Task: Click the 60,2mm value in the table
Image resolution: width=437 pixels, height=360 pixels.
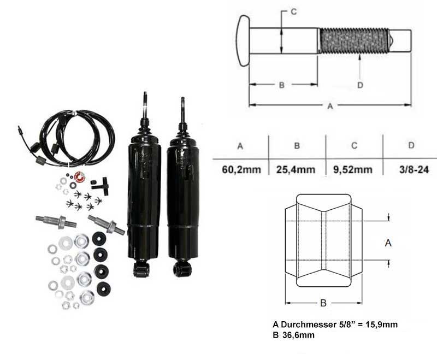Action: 241,169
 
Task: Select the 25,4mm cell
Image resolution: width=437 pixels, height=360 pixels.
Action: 296,169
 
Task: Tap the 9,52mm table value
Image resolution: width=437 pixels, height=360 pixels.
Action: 353,169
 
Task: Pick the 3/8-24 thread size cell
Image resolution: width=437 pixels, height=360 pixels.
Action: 414,169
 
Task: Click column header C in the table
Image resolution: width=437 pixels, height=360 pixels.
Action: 354,145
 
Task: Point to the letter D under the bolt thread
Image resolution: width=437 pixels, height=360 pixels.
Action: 360,85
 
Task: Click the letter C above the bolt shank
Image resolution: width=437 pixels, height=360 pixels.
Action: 294,11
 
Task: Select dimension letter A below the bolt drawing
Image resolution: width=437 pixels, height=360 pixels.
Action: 330,106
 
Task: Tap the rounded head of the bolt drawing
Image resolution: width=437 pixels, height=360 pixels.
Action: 243,40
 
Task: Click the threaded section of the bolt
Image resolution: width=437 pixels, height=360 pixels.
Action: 353,40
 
